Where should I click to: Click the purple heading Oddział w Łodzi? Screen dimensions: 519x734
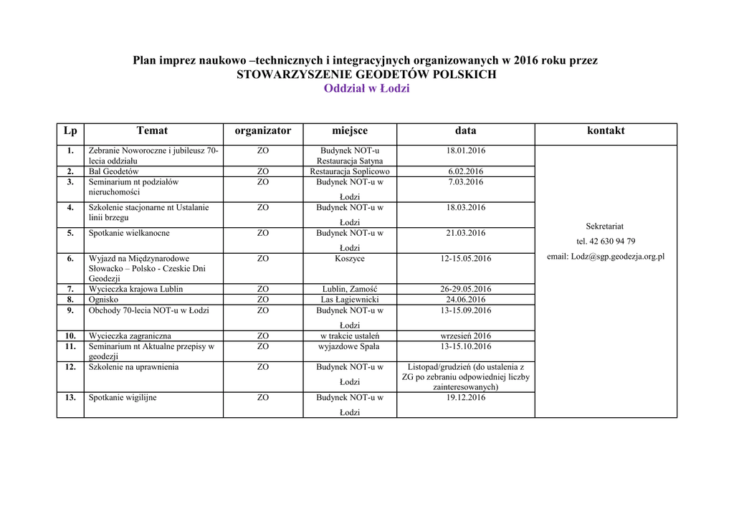click(366, 88)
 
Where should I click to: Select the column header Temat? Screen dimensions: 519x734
click(152, 130)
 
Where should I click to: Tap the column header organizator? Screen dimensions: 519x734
click(262, 130)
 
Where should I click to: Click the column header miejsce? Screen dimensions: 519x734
click(350, 130)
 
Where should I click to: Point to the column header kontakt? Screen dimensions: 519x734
click(606, 130)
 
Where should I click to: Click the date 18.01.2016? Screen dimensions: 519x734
click(466, 151)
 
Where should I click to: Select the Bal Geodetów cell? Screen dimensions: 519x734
click(114, 171)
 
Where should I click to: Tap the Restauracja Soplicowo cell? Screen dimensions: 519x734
click(350, 171)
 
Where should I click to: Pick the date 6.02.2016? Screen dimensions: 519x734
click(466, 171)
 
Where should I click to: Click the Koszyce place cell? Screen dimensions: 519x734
click(350, 258)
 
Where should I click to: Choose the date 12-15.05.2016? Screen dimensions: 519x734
click(466, 258)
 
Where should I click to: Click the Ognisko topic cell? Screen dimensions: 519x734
click(104, 300)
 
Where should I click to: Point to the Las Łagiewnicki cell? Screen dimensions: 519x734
click(350, 300)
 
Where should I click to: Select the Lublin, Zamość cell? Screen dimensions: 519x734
click(350, 289)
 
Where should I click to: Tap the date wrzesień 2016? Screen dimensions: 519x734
click(466, 335)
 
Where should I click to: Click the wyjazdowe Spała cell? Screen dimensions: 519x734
click(350, 346)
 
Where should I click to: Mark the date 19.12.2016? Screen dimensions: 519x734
click(466, 397)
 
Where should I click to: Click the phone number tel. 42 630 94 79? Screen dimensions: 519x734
click(605, 241)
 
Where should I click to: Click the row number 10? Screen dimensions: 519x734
click(70, 335)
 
